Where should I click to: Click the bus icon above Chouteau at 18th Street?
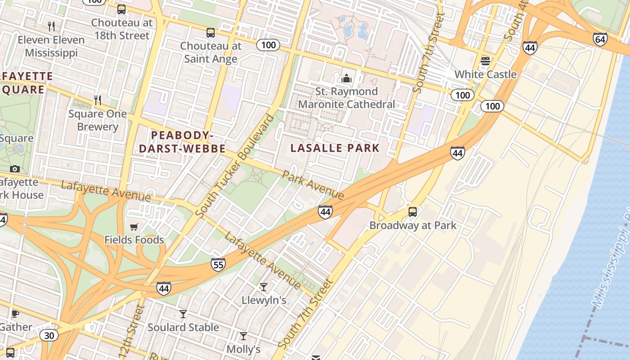(121, 9)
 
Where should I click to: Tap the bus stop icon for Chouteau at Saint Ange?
(211, 33)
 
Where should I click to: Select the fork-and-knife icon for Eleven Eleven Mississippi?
(51, 27)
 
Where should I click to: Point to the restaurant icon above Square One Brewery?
(97, 100)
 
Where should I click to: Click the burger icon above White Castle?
(485, 61)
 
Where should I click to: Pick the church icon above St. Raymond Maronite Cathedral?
(346, 78)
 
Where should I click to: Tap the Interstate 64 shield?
(600, 39)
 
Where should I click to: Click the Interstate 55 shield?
(218, 265)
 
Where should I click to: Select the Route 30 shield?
(49, 335)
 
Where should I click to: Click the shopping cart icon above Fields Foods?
(134, 227)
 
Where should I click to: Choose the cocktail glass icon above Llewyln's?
(264, 287)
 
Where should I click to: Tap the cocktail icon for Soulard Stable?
(183, 314)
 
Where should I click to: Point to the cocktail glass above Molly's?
(243, 336)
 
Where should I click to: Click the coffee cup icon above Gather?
(15, 314)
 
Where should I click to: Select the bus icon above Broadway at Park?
(413, 212)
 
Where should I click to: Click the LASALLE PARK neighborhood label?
(335, 148)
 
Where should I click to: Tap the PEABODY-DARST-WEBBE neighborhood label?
(182, 142)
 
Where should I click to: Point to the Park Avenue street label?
(313, 184)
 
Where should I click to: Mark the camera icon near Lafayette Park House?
(15, 169)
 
